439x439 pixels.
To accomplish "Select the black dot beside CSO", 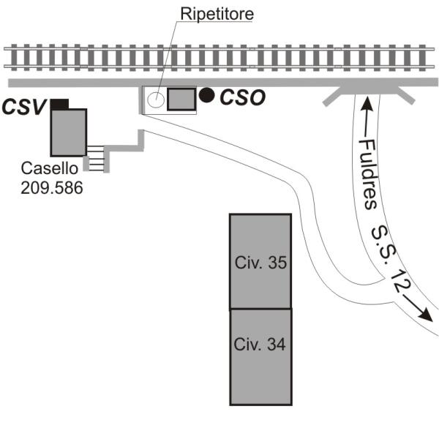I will coord(208,94).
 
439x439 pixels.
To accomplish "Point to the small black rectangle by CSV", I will coord(59,104).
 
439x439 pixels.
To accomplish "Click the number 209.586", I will coord(52,187).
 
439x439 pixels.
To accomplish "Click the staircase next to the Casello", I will coord(96,155).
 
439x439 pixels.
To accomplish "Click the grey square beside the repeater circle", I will coord(181,99).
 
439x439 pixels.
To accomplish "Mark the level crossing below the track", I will coord(367,89).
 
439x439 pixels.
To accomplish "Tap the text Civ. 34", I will coord(260,343).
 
